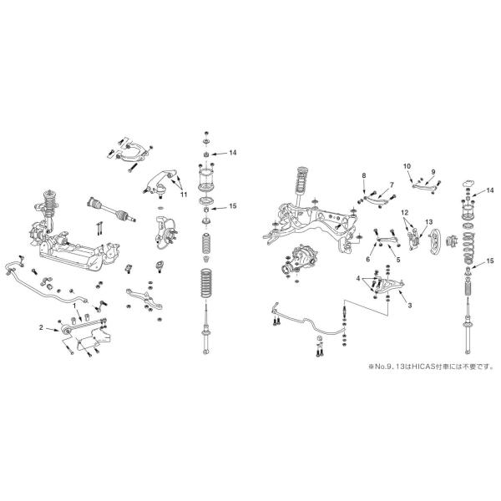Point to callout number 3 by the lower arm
click(x=410, y=306)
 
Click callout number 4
click(x=357, y=278)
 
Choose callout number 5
click(x=397, y=260)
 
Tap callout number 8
click(x=364, y=175)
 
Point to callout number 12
click(x=404, y=214)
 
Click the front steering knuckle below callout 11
click(x=164, y=230)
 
